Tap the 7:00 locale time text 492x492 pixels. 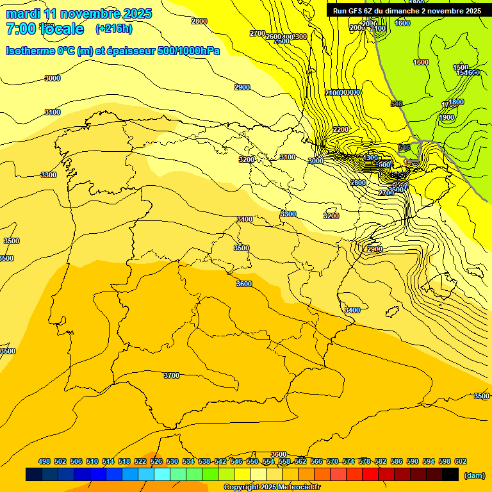(44, 29)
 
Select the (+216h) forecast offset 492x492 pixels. (114, 29)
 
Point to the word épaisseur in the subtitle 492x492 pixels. (123, 51)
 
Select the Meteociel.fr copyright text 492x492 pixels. (272, 488)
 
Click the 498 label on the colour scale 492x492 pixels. (44, 461)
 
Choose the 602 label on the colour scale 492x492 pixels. (460, 461)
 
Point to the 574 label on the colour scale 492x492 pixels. (348, 461)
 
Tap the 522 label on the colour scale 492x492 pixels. (140, 461)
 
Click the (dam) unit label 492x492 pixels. (474, 475)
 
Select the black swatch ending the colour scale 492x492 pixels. (450, 474)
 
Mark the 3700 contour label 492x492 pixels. (172, 375)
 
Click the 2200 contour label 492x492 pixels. (341, 129)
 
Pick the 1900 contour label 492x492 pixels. (447, 117)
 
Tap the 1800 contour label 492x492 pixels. (456, 102)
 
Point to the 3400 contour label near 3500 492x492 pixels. (245, 219)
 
